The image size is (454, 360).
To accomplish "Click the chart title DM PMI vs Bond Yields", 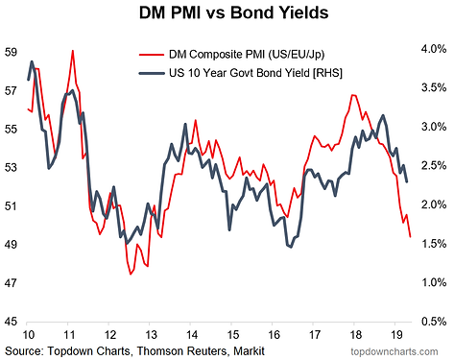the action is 234,12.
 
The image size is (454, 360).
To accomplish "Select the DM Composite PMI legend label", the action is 247,55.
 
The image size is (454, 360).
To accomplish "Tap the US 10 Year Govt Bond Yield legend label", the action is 255,73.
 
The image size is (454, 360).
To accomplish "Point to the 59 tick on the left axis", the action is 10,52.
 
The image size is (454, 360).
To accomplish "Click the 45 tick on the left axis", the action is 10,322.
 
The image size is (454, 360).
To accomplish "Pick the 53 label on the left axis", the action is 10,167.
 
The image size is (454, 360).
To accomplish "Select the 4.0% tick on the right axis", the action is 434,49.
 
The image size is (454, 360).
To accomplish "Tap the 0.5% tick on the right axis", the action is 434,322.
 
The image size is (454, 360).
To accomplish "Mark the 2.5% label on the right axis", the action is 434,166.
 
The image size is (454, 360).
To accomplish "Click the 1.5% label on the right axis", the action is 434,244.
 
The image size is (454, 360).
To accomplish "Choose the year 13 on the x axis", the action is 151,335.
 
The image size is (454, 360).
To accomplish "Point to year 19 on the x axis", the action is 396,335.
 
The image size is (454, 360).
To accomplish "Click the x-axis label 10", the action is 29,335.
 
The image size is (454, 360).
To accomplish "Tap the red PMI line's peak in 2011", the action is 73,51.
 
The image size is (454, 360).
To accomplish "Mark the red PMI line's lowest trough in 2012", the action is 131,274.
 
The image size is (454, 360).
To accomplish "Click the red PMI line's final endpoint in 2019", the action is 411,237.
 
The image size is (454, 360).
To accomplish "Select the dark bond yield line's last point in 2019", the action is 407,181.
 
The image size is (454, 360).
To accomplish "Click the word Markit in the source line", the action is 249,351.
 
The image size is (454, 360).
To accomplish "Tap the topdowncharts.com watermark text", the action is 394,351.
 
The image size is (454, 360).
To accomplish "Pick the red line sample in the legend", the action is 152,55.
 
